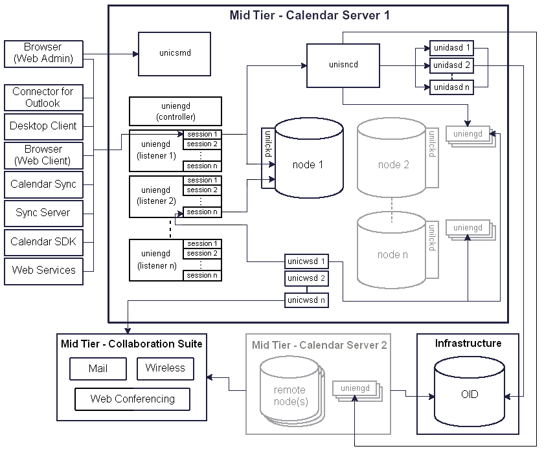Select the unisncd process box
(x=343, y=65)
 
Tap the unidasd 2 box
(x=451, y=65)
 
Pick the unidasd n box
(x=451, y=87)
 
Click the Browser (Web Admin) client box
(x=43, y=53)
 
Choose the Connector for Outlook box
(x=43, y=97)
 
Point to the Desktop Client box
(x=43, y=126)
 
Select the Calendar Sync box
(x=43, y=184)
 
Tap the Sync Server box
(x=43, y=212)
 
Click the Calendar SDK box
(x=43, y=241)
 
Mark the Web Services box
(x=43, y=270)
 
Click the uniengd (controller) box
(x=176, y=111)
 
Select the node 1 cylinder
(x=308, y=165)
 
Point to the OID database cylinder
(x=469, y=393)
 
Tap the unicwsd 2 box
(x=306, y=279)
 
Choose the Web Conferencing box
(x=133, y=399)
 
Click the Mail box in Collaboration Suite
(x=98, y=369)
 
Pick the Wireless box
(x=165, y=368)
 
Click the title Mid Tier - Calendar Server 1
(x=310, y=15)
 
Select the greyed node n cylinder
(x=392, y=254)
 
